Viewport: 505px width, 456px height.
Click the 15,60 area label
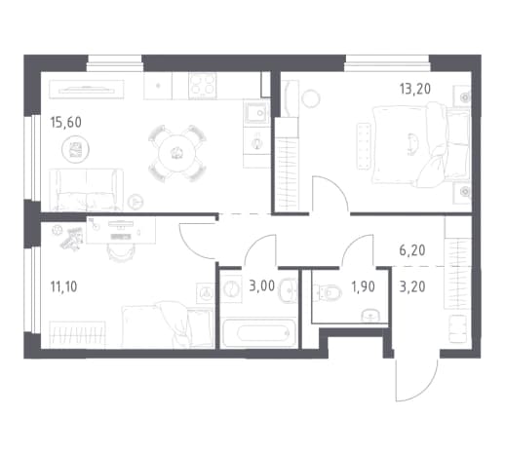coord(66,123)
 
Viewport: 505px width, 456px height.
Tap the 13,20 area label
coord(415,89)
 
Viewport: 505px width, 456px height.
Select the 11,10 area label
coord(63,286)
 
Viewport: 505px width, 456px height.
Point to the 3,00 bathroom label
coord(261,286)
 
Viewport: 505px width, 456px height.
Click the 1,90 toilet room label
coord(363,286)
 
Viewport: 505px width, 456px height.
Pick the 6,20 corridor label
coord(412,250)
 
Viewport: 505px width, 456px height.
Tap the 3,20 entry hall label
coord(412,286)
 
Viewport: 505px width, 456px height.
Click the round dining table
coord(176,153)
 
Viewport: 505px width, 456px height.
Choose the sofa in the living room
coord(86,190)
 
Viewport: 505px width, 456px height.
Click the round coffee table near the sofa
coord(75,149)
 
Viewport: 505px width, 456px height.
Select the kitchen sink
coord(256,113)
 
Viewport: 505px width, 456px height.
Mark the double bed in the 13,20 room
coord(421,145)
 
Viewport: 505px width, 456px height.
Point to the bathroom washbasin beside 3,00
coord(288,290)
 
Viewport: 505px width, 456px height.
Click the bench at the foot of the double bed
coord(364,146)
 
